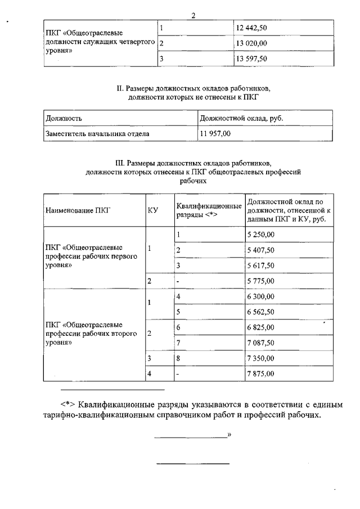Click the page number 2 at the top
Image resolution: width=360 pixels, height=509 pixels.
(193, 15)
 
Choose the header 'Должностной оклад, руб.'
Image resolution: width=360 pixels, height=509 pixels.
(242, 119)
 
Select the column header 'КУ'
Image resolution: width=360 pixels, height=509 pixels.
(152, 210)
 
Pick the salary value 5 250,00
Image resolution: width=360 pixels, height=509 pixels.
(261, 235)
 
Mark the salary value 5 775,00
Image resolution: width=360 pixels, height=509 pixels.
(261, 281)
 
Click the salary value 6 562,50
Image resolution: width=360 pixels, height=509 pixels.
(261, 312)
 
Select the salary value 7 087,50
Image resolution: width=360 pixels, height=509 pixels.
(261, 343)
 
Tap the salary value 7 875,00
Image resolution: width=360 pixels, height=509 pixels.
(261, 373)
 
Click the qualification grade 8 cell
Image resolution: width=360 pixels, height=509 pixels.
(178, 358)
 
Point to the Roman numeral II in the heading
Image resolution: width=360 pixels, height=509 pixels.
(119, 89)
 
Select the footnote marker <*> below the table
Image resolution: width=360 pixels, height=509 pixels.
(68, 404)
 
